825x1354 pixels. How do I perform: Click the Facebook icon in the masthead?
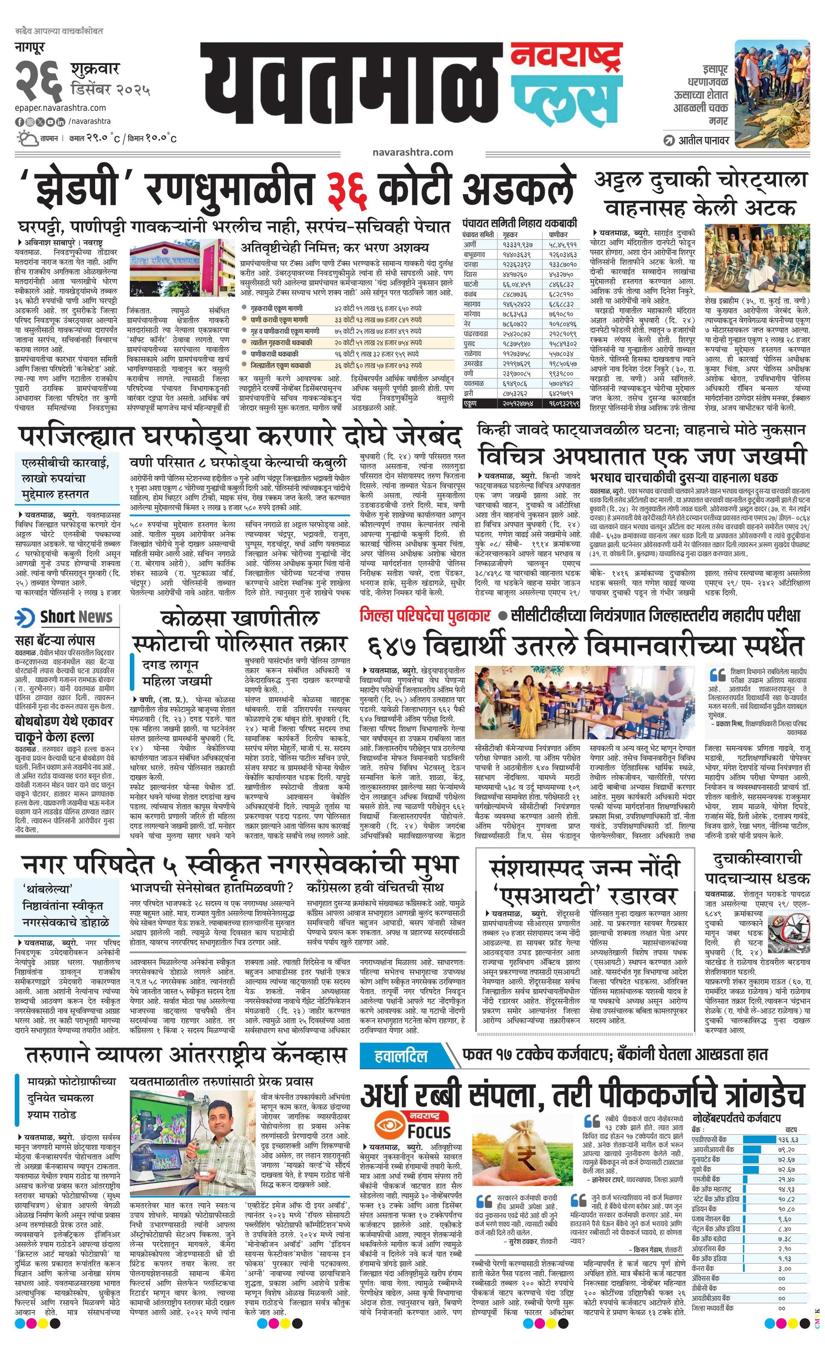click(19, 122)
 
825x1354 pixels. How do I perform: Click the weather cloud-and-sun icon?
click(27, 138)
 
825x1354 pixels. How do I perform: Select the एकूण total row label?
click(471, 403)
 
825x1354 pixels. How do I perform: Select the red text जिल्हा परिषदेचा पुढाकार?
click(425, 615)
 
